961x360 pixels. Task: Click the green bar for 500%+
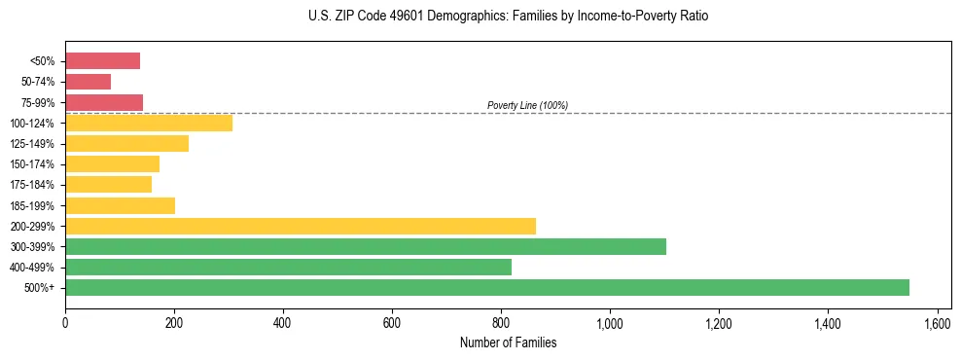point(486,287)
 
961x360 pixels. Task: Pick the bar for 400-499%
point(288,267)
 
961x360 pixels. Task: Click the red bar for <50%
point(102,61)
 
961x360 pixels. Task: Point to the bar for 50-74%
point(88,82)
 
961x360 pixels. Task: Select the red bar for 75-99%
point(104,102)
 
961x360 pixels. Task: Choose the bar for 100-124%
point(149,123)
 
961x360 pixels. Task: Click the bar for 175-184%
point(108,185)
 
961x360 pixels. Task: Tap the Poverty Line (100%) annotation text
point(527,105)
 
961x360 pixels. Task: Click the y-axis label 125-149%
point(32,144)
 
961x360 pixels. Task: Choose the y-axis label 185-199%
point(32,205)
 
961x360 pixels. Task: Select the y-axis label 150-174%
point(32,164)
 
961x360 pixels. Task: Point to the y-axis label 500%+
point(40,288)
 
